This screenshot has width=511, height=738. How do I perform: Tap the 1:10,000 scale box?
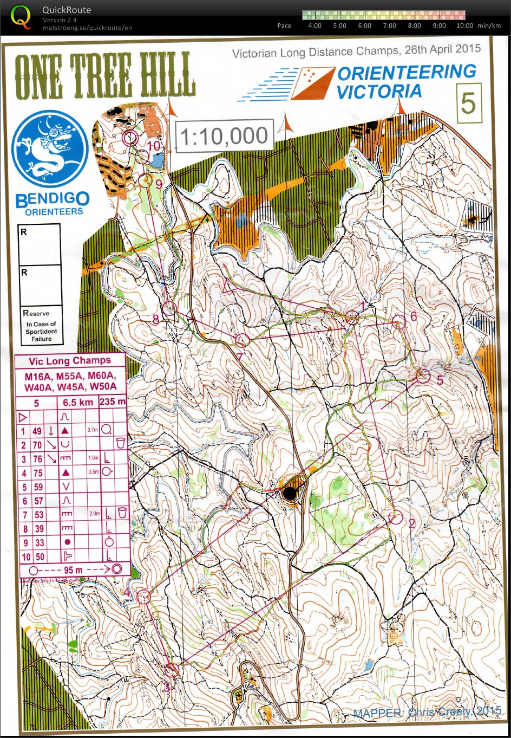point(224,135)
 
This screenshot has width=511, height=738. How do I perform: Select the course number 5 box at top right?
point(468,102)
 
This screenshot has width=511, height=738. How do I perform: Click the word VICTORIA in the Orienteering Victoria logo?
point(378,91)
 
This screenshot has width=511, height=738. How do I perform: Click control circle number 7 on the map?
point(242,340)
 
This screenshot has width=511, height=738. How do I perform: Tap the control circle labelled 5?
point(423,376)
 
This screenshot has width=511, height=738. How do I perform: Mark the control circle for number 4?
point(144,597)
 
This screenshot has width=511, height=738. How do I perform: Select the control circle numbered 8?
point(170,308)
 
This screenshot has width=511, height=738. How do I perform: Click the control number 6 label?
point(414,316)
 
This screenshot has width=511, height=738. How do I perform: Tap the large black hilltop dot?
point(290,493)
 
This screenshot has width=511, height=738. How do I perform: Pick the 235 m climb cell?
point(113,403)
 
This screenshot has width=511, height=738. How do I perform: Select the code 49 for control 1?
point(37,431)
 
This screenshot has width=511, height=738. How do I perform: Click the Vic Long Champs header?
point(69,361)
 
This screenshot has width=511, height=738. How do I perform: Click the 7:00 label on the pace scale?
point(389,25)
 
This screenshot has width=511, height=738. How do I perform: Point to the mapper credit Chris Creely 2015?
point(428,711)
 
